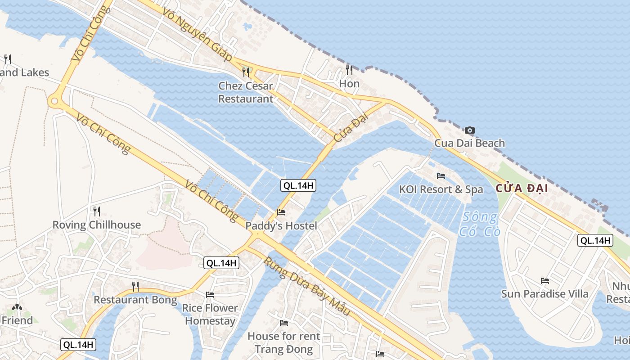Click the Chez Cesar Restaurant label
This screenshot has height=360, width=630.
246,92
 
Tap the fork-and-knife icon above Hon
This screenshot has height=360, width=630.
349,70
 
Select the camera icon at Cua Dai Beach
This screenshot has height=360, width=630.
469,130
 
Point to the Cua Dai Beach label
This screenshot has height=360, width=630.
469,143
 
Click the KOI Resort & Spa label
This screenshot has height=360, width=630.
441,189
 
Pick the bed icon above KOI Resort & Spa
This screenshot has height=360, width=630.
441,176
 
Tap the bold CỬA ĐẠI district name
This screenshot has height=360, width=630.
522,189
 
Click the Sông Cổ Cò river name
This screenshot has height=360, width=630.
479,225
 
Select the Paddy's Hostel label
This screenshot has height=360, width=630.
281,225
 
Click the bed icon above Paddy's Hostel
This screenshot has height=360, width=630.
281,212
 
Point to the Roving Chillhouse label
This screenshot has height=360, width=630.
97,225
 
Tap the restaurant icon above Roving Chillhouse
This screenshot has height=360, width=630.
96,211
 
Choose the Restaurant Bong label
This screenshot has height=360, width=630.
135,300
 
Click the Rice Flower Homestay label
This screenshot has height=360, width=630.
210,314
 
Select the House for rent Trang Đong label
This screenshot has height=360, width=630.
284,342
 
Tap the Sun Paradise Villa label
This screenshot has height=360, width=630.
545,294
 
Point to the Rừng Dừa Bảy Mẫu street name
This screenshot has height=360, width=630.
306,286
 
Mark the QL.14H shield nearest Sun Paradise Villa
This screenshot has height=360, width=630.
595,240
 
